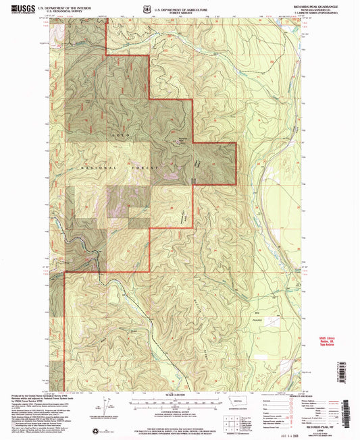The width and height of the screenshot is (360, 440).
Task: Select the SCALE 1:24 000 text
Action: (178, 394)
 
